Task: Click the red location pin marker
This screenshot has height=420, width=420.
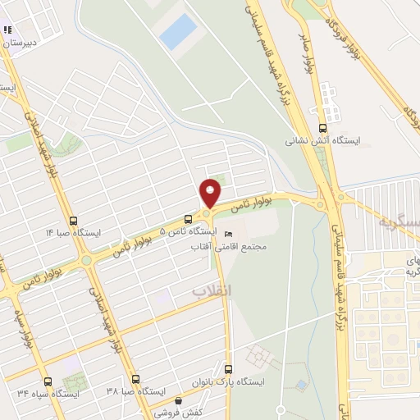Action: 210,192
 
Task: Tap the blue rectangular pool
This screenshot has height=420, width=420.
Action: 178,32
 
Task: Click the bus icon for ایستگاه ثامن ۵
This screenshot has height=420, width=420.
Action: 189,219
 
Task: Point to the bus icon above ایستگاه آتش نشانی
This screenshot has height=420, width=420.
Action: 322,128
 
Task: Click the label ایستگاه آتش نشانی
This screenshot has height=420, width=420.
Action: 311,141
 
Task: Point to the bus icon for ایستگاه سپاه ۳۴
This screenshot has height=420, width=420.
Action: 48,381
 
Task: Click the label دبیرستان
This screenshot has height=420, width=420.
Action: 20,43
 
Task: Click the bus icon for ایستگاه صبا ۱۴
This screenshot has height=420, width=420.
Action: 75,221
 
